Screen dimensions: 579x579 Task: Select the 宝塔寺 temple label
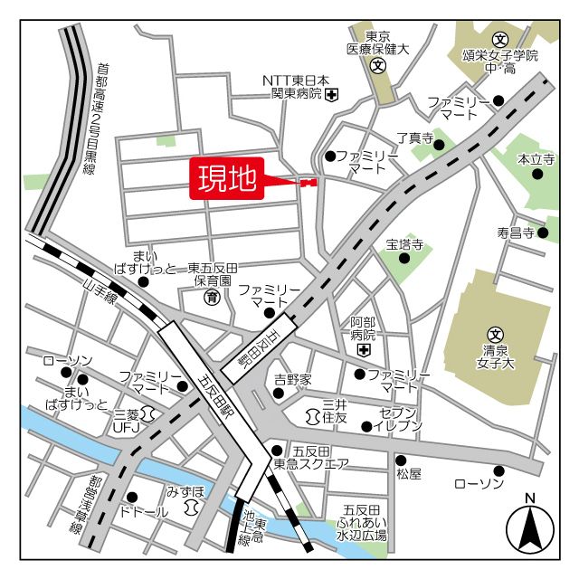click(404, 244)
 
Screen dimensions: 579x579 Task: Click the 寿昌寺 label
click(516, 233)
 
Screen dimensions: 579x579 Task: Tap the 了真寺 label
click(415, 138)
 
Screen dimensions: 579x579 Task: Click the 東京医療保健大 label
click(378, 43)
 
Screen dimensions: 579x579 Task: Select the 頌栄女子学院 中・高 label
click(499, 61)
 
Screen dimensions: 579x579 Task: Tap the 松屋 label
click(408, 473)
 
